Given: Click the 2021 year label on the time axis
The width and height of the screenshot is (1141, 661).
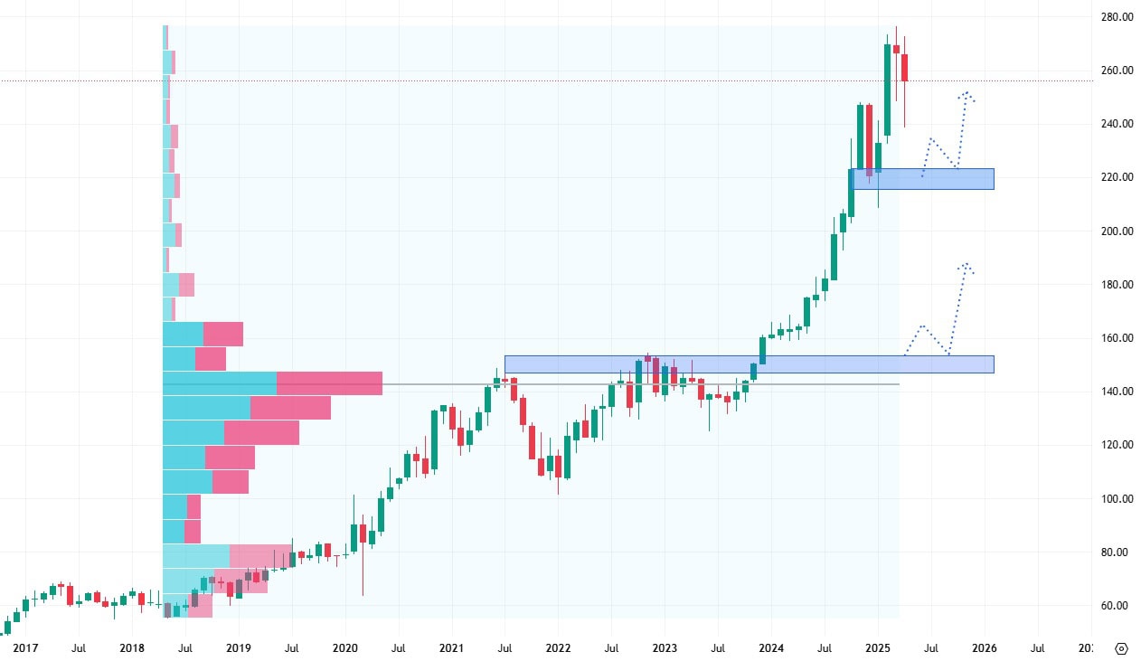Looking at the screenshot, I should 451,648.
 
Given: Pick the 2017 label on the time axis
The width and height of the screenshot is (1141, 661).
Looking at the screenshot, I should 25,648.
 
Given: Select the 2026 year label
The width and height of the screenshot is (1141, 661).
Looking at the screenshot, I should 985,648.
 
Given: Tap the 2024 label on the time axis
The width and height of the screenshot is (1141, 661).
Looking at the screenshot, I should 771,648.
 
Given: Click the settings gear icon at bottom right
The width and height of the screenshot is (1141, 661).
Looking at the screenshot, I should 1122,648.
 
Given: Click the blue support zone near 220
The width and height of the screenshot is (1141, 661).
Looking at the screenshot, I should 921,179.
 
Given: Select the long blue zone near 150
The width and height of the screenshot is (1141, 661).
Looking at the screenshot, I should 749,364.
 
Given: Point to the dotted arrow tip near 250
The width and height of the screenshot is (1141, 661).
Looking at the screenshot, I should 967,93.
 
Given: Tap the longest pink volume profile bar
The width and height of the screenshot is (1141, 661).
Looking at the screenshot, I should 329,383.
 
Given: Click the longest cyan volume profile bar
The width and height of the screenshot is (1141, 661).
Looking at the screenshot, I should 220,383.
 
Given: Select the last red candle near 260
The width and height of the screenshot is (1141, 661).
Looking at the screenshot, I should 904,68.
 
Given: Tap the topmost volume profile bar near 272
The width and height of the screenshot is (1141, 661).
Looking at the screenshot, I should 165,37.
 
